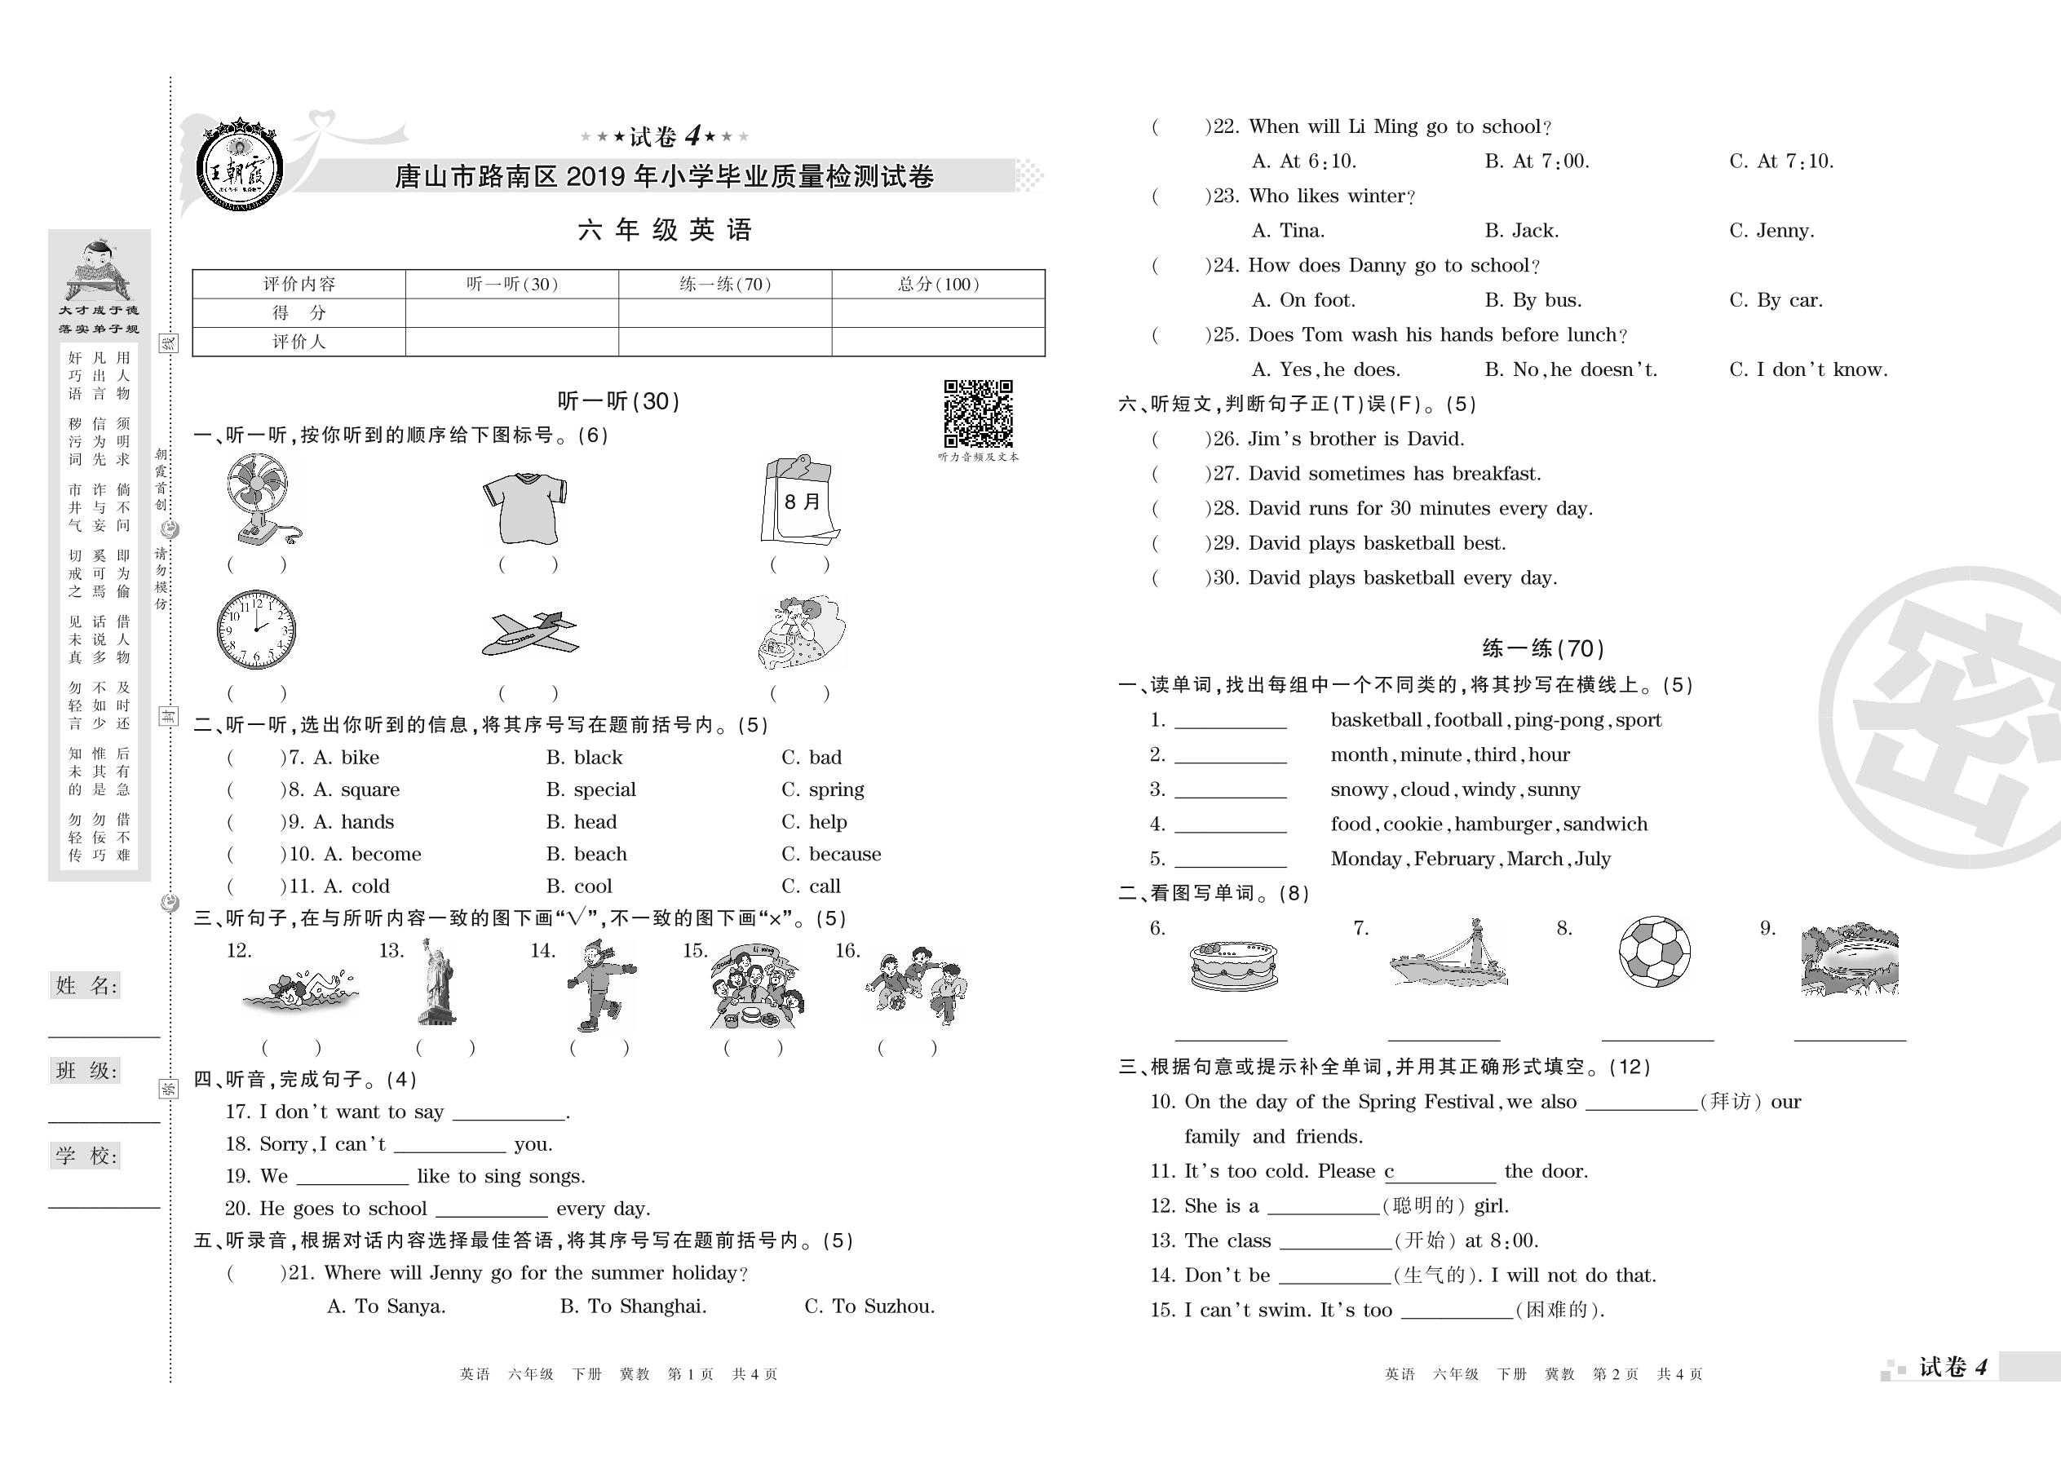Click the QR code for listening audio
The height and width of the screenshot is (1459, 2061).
coord(978,413)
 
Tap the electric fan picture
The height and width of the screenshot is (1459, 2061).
coord(260,498)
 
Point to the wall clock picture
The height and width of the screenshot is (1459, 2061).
coord(256,630)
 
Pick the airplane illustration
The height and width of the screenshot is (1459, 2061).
coord(530,634)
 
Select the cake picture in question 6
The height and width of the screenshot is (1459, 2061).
coord(1233,965)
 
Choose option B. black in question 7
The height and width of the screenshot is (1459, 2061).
coord(584,758)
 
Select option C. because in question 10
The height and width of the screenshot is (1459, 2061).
coord(831,854)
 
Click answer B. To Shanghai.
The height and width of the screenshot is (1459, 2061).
coord(634,1306)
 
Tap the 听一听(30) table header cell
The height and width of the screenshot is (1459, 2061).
coord(512,284)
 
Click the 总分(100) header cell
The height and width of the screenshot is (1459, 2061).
coord(938,284)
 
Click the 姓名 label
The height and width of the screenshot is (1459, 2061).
coord(86,985)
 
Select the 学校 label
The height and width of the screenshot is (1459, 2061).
coord(86,1156)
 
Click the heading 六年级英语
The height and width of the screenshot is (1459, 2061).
coord(665,230)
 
